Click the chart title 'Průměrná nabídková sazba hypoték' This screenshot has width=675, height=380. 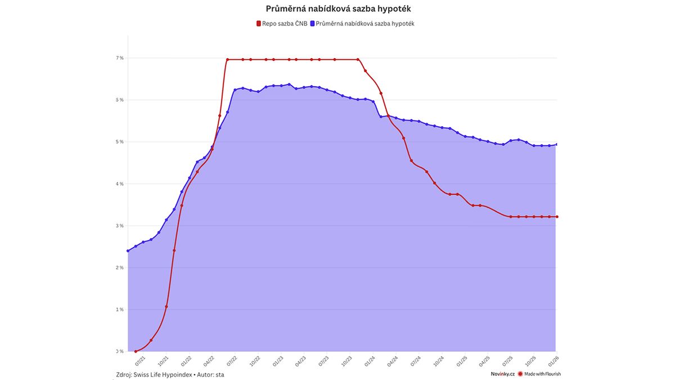click(342, 9)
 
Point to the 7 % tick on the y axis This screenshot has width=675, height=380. click(120, 58)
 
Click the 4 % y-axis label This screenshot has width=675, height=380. click(120, 184)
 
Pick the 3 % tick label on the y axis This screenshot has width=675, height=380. click(120, 226)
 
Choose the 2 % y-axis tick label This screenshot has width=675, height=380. click(120, 268)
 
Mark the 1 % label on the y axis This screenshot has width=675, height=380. click(120, 310)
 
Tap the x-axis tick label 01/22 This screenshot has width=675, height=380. click(186, 359)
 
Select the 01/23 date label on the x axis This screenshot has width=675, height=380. click(278, 359)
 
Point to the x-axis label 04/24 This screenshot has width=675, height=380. click(393, 359)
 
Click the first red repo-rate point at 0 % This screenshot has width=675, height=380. click(136, 351)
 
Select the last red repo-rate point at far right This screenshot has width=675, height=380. click(556, 217)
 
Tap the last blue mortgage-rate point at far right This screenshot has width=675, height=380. click(556, 144)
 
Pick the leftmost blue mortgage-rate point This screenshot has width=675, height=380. click(128, 251)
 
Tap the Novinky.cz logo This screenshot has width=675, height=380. click(502, 374)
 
